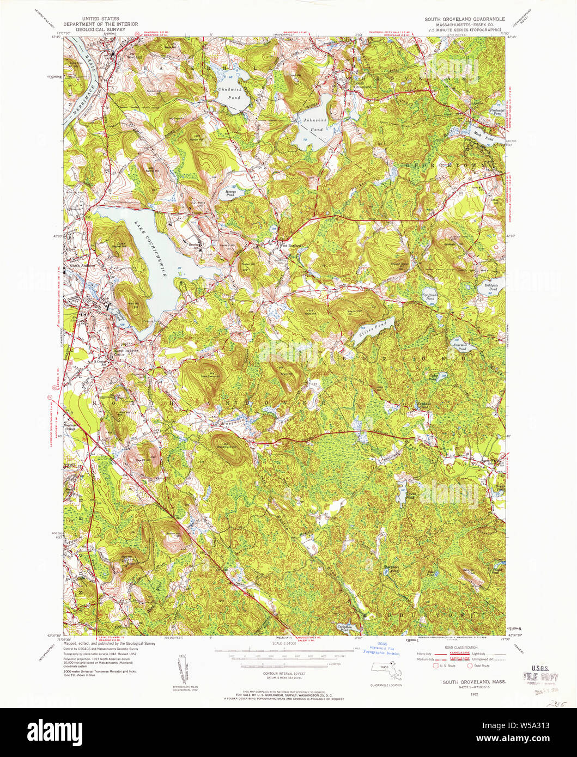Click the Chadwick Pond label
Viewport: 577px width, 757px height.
229,93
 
